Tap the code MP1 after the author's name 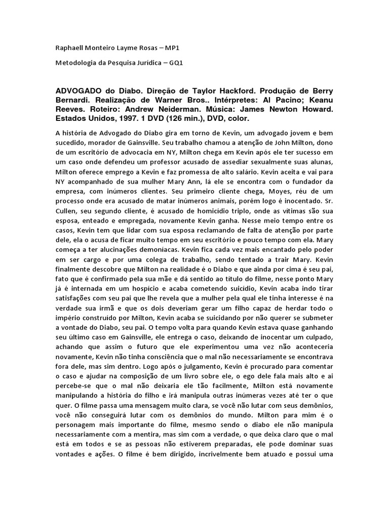171,48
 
